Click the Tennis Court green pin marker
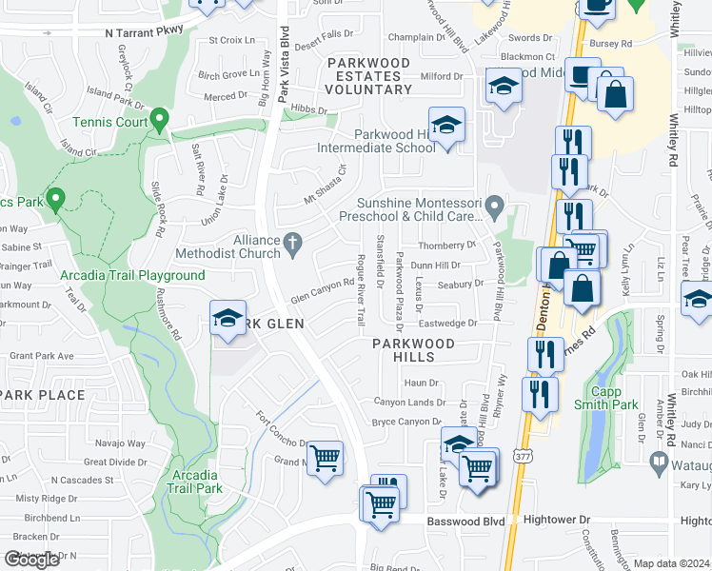(x=159, y=120)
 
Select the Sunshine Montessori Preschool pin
(x=494, y=206)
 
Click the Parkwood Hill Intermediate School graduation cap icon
(x=445, y=125)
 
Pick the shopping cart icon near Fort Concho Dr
(x=326, y=460)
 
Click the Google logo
(x=31, y=560)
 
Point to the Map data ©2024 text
(x=672, y=563)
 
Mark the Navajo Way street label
(x=120, y=443)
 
